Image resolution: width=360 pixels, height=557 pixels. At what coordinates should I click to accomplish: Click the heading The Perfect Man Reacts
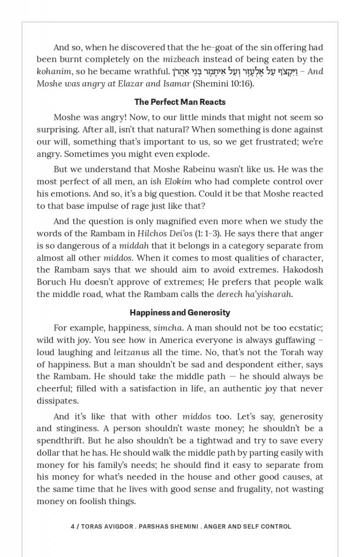[180, 102]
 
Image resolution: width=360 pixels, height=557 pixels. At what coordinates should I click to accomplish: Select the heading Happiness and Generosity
[180, 312]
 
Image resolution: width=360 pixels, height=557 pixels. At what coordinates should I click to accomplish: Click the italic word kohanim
[54, 71]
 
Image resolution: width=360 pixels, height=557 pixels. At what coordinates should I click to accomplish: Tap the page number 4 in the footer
[73, 526]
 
